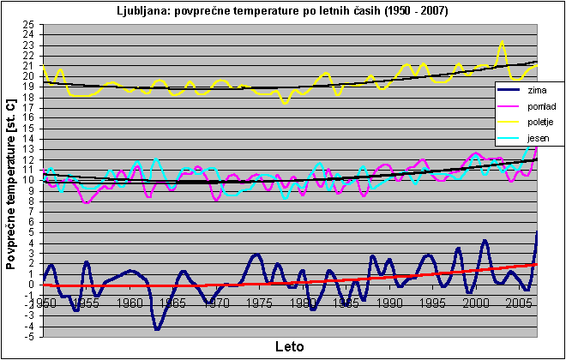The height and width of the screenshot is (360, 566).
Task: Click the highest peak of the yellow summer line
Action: [503, 41]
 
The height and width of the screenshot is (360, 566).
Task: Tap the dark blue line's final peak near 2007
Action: [537, 232]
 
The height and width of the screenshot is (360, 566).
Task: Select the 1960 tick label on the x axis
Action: [129, 303]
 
